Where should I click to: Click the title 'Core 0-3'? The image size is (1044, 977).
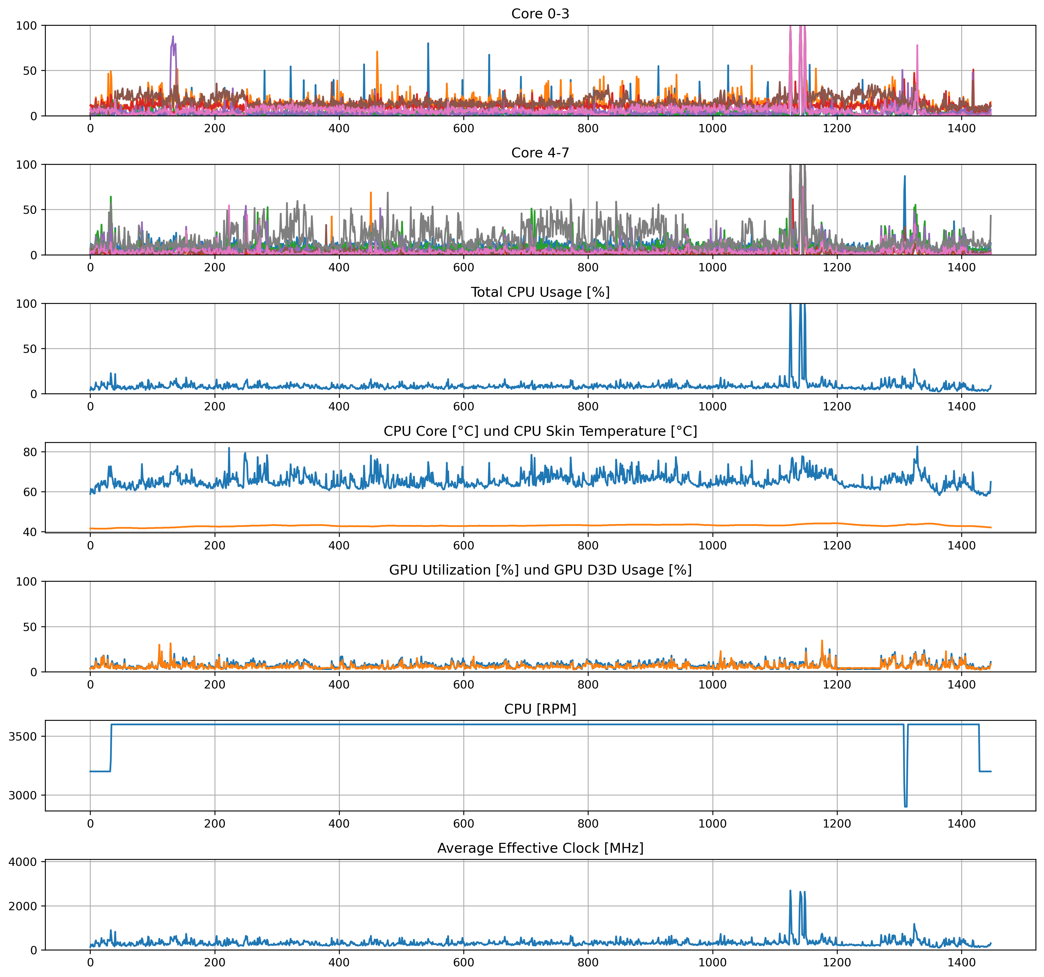click(x=540, y=14)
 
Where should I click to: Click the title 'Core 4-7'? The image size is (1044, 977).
click(x=540, y=153)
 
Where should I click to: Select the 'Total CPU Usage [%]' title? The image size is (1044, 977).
click(x=540, y=292)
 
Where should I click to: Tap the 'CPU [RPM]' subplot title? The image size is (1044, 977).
click(x=540, y=709)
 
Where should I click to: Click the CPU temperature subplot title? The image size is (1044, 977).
click(x=540, y=431)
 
